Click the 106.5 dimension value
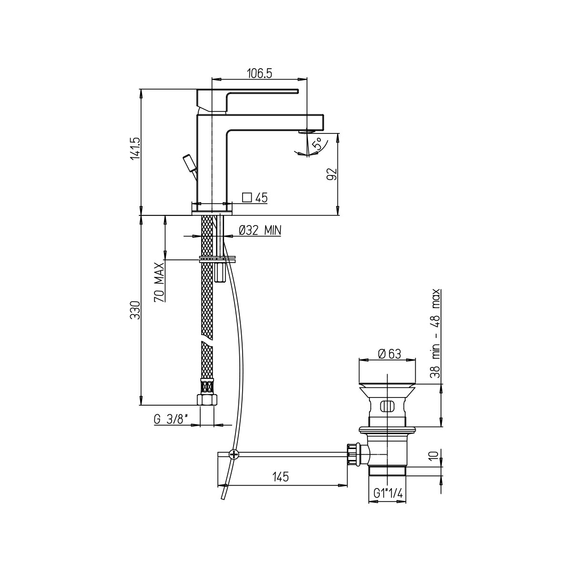click(x=259, y=73)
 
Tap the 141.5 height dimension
click(x=135, y=152)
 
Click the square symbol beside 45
click(x=247, y=197)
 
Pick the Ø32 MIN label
click(x=260, y=230)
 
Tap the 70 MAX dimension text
click(x=159, y=282)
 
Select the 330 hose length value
click(x=135, y=310)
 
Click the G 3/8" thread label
click(x=171, y=419)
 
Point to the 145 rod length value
click(x=280, y=477)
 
